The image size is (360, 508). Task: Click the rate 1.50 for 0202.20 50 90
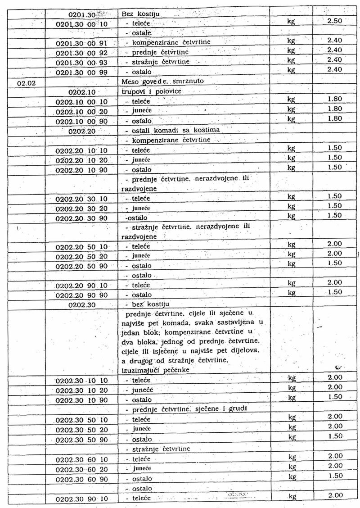point(334,263)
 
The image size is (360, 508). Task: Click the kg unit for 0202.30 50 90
point(292,437)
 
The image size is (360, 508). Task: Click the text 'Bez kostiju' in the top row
point(137,14)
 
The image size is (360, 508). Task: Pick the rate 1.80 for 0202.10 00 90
point(334,118)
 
